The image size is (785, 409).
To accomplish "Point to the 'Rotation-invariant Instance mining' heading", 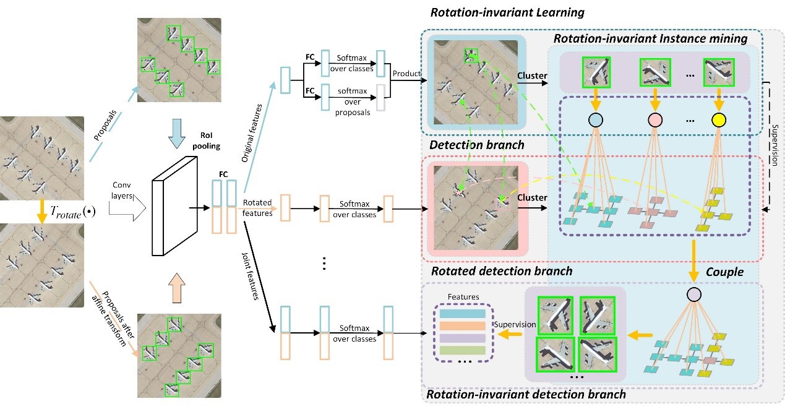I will (x=650, y=39).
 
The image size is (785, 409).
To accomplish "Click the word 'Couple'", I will (x=724, y=271).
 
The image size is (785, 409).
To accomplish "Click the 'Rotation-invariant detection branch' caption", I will (x=526, y=394).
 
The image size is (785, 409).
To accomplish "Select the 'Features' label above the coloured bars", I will (x=463, y=297).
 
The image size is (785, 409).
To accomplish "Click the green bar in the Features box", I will (x=463, y=351).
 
